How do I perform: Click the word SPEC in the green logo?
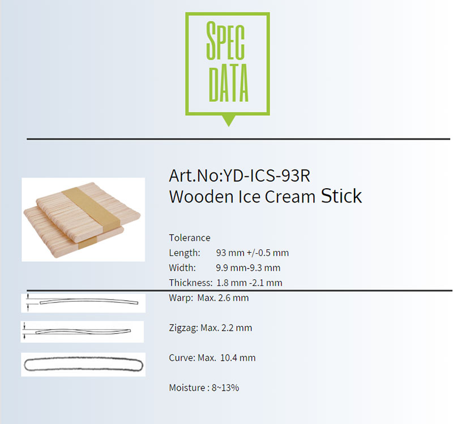[225, 41]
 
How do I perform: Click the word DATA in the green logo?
[228, 83]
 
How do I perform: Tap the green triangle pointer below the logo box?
[228, 120]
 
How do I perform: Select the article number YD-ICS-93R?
[267, 175]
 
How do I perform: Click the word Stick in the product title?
[341, 196]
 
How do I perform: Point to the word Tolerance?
[190, 237]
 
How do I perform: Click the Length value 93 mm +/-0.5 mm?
[252, 253]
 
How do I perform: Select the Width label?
[182, 267]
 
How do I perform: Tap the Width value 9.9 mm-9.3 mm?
[248, 268]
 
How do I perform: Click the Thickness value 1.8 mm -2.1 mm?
[249, 283]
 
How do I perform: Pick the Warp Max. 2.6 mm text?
[208, 298]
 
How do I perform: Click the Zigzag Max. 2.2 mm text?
[210, 328]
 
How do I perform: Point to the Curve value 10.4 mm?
[238, 358]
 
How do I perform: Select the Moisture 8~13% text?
[204, 388]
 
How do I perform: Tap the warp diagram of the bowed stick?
[89, 301]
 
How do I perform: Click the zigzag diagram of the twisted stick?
[83, 331]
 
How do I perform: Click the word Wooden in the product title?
[202, 197]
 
